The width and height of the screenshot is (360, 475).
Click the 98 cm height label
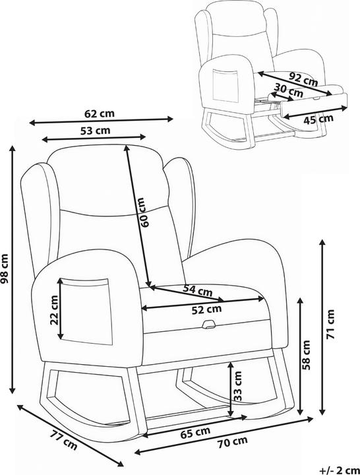pyautogui.click(x=5, y=268)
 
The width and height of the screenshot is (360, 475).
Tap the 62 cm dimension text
pyautogui.click(x=100, y=113)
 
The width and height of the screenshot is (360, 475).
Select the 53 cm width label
pyautogui.click(x=95, y=131)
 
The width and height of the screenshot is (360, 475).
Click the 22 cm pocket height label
pyautogui.click(x=54, y=310)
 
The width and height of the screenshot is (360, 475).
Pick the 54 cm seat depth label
pyautogui.click(x=198, y=290)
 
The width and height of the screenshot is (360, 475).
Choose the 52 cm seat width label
pyautogui.click(x=207, y=309)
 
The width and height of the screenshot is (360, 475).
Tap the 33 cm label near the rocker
pyautogui.click(x=238, y=386)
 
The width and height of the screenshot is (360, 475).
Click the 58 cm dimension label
pyautogui.click(x=306, y=355)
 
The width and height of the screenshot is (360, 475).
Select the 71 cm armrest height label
pyautogui.click(x=330, y=325)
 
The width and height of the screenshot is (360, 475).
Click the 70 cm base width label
pyautogui.click(x=233, y=443)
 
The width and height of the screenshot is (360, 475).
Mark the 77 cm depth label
pyautogui.click(x=63, y=440)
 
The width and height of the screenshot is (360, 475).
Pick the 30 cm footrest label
pyautogui.click(x=288, y=90)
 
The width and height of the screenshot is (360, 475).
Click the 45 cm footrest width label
pyautogui.click(x=318, y=119)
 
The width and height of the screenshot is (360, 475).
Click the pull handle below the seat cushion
pyautogui.click(x=208, y=325)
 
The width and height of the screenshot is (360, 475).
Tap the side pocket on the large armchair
pyautogui.click(x=85, y=311)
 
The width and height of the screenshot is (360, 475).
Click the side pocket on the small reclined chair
pyautogui.click(x=225, y=85)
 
